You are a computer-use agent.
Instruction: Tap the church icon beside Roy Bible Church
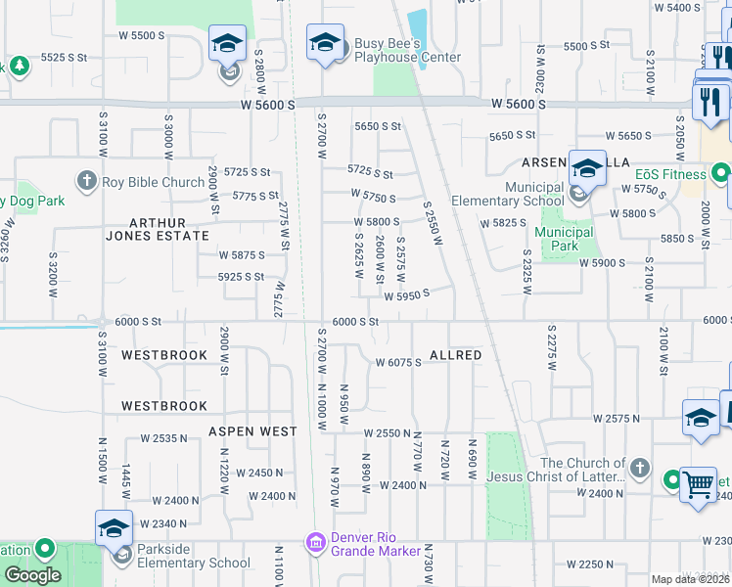pos(86,181)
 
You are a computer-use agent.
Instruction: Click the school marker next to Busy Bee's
pos(325,43)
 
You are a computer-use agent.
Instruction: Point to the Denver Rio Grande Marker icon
pos(315,542)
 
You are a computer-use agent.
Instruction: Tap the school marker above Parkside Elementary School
pos(114,528)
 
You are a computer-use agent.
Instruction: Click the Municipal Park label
pos(564,239)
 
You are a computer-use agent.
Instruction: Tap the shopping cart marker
pos(698,484)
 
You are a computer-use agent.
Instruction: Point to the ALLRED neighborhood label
pos(455,355)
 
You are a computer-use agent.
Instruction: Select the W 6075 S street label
pos(398,362)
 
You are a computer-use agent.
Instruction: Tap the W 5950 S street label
pos(406,295)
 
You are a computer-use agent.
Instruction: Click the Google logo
pos(32,575)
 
